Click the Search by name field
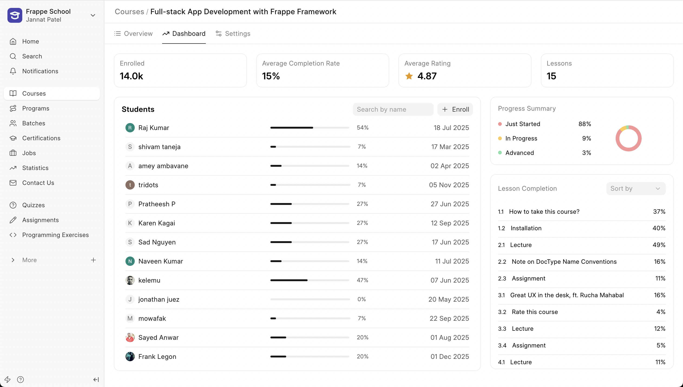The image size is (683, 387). pos(393,109)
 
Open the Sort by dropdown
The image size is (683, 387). pos(635,188)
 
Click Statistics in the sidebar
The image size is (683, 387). pos(35,168)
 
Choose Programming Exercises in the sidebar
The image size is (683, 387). pos(55,235)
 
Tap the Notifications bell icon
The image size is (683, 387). pos(13,71)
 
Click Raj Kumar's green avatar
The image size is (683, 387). pos(130,128)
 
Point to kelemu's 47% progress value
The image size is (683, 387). pos(362,280)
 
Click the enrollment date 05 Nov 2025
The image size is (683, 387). pos(449,185)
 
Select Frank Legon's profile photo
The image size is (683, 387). pos(130,357)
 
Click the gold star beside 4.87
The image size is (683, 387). pos(409,76)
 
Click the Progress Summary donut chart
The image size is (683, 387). pos(628,138)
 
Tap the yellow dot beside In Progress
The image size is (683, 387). pos(500,138)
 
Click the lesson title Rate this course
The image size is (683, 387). pos(535,312)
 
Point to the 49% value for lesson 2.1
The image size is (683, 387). pos(659,245)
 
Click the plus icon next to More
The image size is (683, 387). pos(93,260)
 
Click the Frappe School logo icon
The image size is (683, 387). pos(15,15)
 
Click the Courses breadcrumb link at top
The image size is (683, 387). pos(129,12)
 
